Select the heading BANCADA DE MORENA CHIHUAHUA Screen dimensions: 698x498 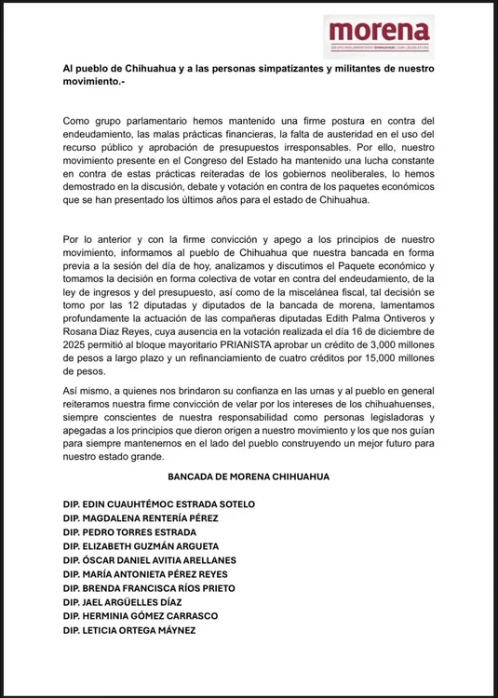249,477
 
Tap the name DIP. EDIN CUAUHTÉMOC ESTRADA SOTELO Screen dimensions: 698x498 159,504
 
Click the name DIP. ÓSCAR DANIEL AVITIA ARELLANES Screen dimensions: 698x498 150,560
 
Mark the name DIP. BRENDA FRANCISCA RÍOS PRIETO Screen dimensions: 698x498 149,588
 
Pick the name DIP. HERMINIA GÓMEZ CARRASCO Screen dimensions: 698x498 140,616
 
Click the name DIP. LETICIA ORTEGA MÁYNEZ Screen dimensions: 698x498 131,630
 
